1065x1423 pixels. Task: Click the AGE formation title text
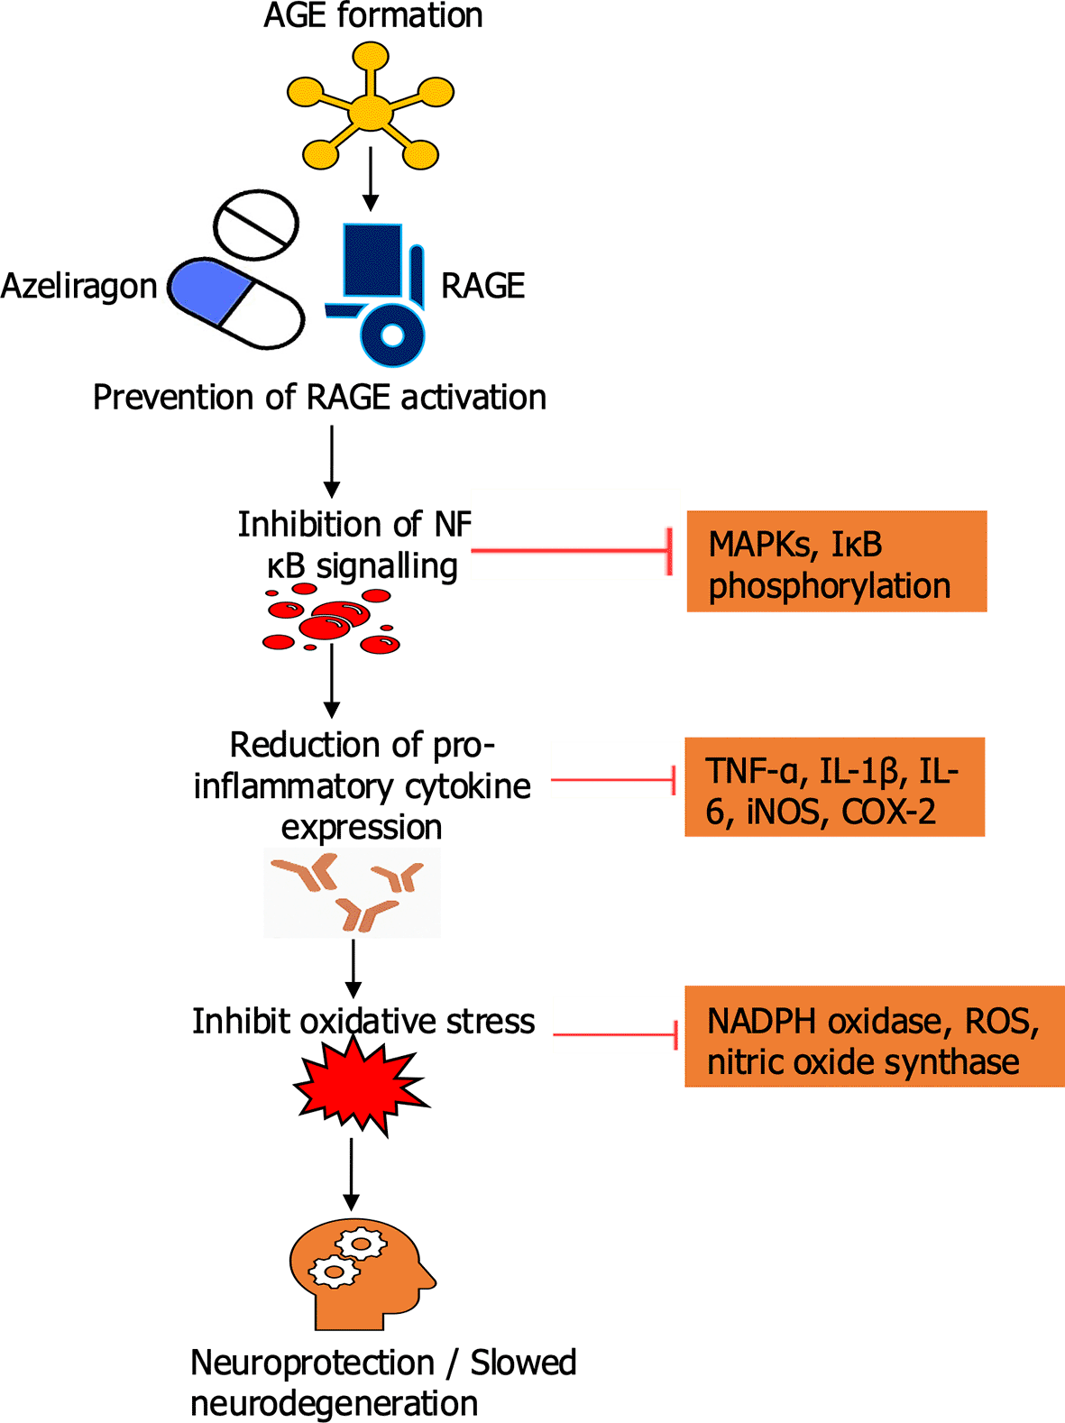372,15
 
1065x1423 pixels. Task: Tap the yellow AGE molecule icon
371,112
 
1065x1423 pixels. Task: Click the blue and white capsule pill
237,303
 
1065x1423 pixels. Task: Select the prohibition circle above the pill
256,224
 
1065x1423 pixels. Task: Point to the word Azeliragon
79,286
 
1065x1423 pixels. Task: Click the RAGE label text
482,286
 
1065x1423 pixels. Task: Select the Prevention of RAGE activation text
319,397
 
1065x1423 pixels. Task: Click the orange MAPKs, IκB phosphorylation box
836,561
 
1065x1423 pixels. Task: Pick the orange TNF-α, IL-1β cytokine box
834,786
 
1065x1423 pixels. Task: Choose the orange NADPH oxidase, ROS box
873,1036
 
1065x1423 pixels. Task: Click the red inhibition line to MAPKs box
570,550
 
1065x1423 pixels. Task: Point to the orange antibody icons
352,892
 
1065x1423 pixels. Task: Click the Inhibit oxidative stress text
363,1021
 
